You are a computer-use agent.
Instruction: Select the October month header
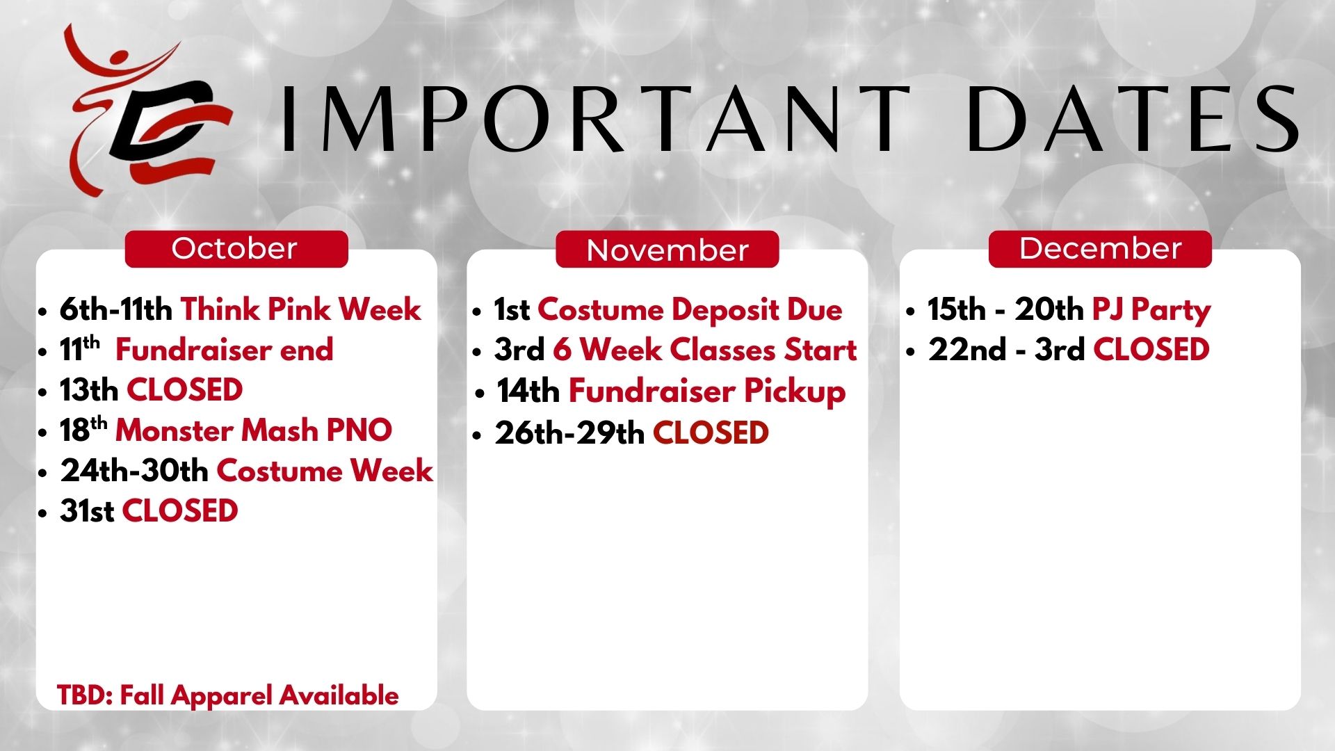click(x=236, y=249)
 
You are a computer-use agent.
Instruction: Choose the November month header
click(x=667, y=249)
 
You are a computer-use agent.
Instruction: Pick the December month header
click(x=1100, y=249)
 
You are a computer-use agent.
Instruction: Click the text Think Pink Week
click(x=301, y=309)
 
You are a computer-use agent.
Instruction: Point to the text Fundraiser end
click(x=224, y=349)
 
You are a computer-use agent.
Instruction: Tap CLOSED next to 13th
click(x=185, y=389)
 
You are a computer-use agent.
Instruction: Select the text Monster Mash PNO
click(x=254, y=430)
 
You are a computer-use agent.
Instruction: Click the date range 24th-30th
click(x=134, y=471)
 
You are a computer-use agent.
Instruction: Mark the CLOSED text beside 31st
click(x=180, y=511)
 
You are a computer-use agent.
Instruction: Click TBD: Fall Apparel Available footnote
click(x=228, y=695)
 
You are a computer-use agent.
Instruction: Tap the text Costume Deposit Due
click(x=690, y=309)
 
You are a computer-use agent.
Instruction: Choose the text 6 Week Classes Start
click(x=705, y=349)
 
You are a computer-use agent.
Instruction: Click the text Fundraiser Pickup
click(x=707, y=391)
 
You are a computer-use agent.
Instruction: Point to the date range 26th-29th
click(x=569, y=433)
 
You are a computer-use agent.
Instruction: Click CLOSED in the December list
click(x=1151, y=349)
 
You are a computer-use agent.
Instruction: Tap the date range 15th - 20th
click(x=1005, y=309)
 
